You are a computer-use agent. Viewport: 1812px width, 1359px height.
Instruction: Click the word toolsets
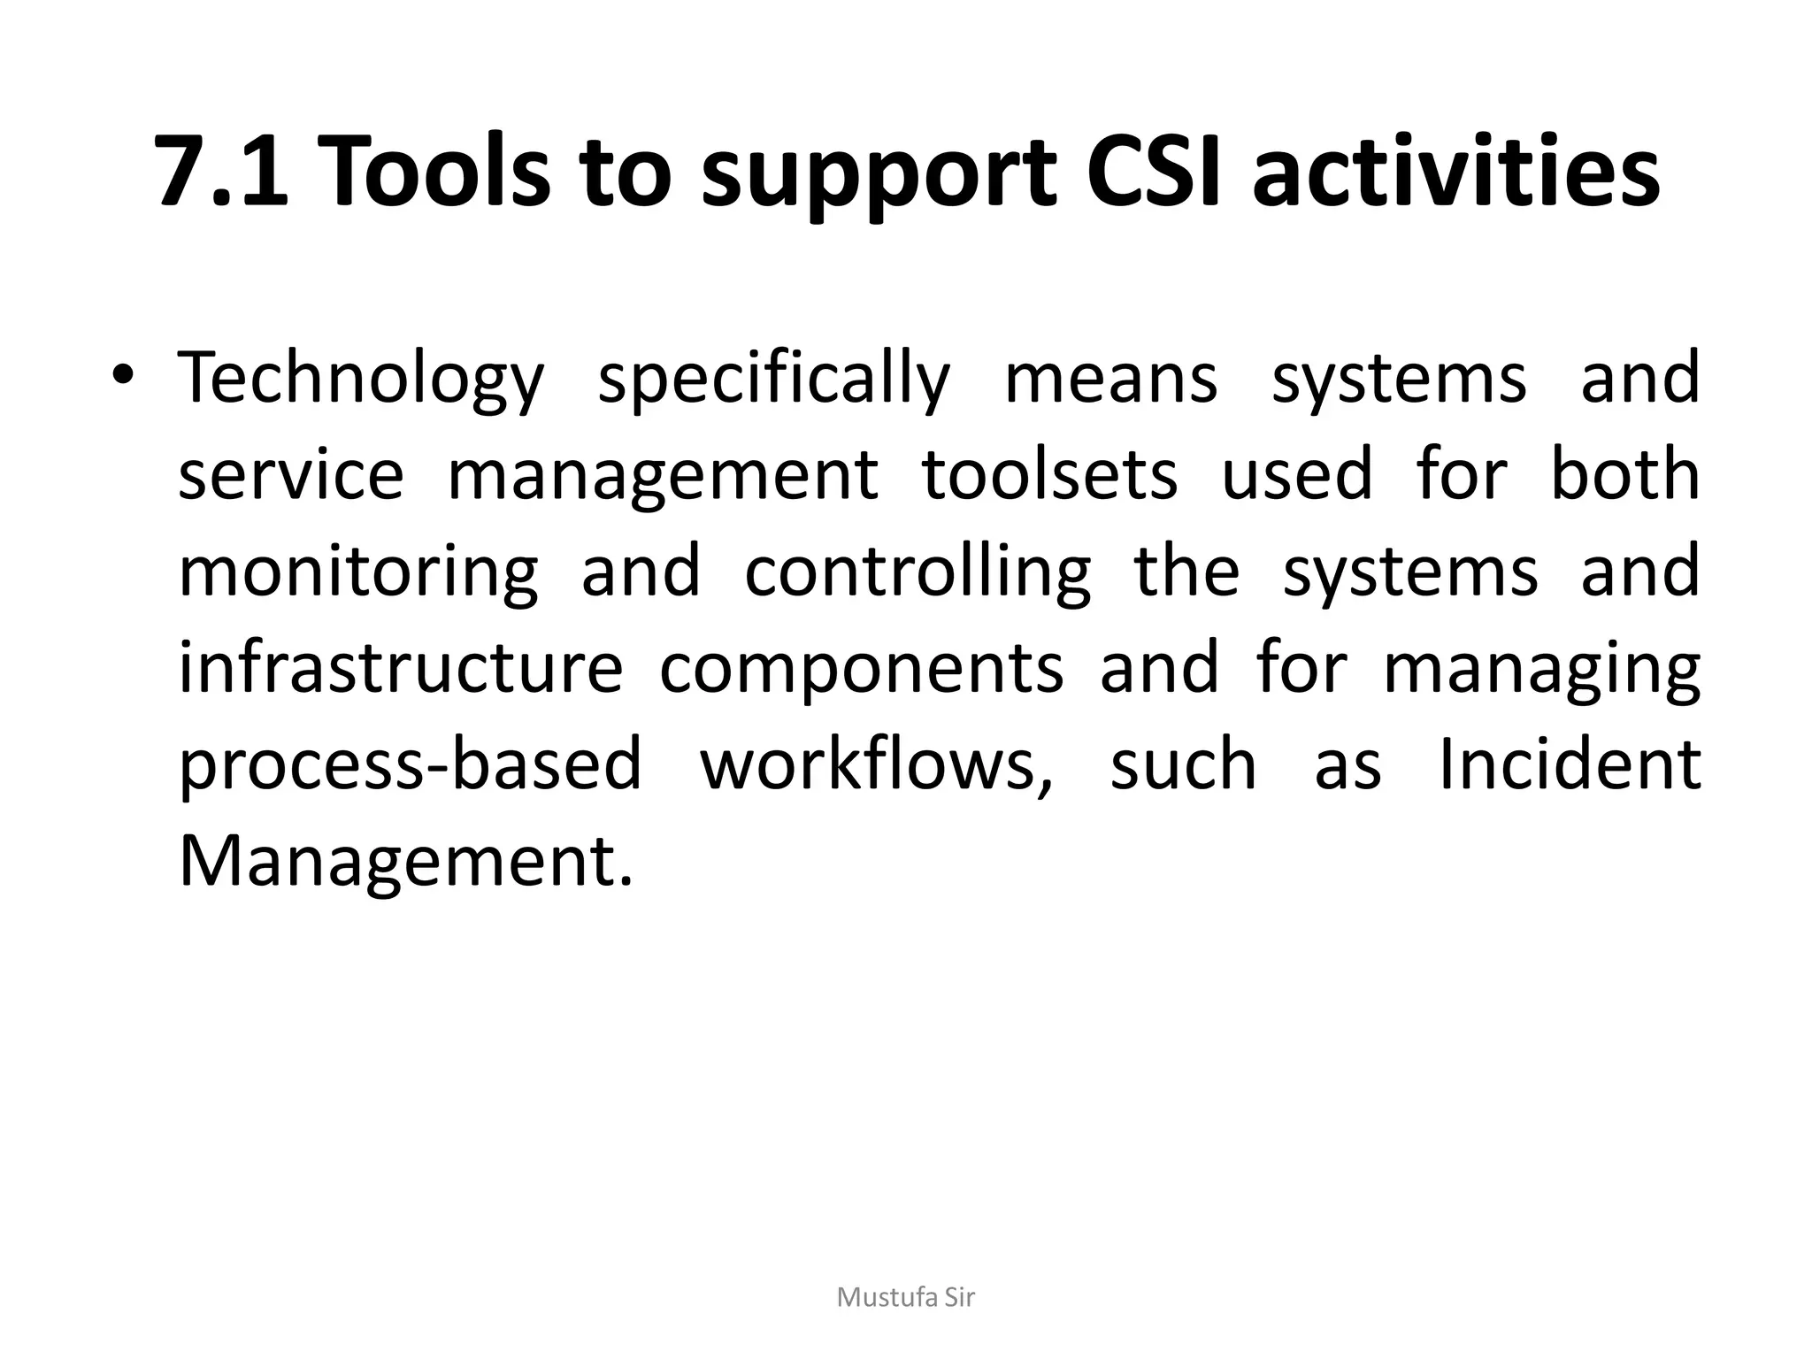coord(1050,475)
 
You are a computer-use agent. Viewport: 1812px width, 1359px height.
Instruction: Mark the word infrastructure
coord(401,668)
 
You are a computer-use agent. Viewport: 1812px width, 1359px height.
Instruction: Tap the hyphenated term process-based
coord(410,766)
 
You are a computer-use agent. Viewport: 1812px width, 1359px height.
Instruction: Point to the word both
coord(1625,475)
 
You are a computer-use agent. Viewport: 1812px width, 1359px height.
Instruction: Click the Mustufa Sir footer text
coord(905,1298)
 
